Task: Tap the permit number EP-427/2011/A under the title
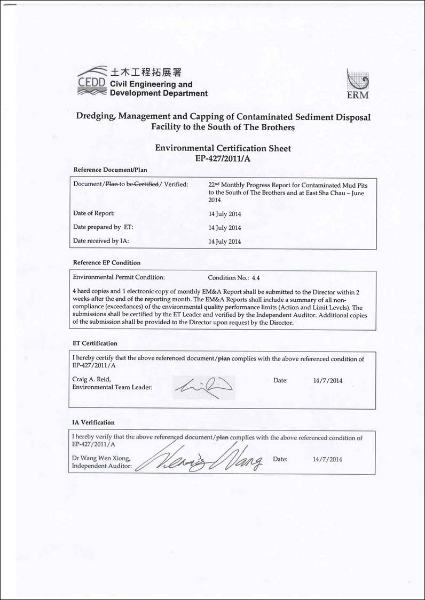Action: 223,158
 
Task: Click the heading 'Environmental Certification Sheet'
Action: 223,148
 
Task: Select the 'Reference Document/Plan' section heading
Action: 110,170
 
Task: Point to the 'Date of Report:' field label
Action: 94,213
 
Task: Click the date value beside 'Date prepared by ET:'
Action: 224,228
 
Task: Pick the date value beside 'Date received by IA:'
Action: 224,242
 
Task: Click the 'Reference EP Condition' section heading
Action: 107,262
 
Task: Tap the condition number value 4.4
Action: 255,278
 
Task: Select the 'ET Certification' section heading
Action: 95,343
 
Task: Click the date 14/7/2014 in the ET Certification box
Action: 327,381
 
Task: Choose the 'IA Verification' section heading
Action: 93,422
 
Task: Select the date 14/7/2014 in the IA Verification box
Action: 327,459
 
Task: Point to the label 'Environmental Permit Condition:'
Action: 119,278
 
